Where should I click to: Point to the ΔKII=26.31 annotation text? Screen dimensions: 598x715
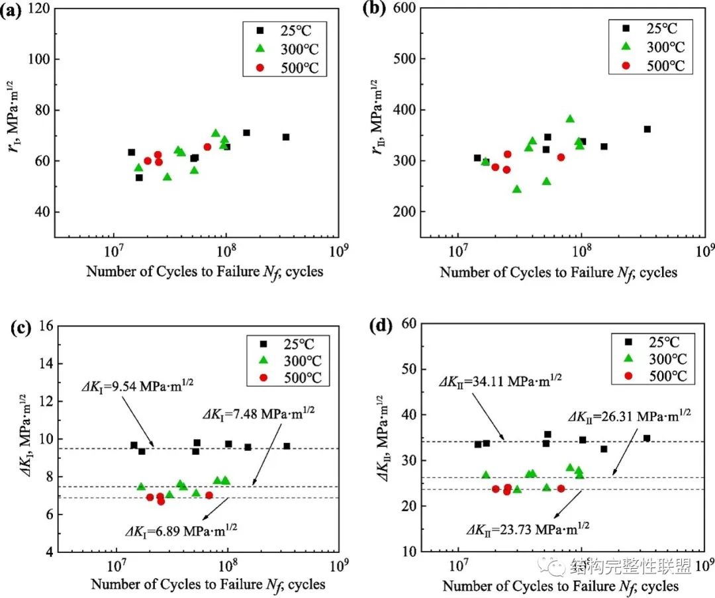630,416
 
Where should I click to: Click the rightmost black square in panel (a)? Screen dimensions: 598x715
286,137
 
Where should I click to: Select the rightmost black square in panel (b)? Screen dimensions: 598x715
647,129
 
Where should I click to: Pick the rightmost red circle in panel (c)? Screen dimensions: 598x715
209,495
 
